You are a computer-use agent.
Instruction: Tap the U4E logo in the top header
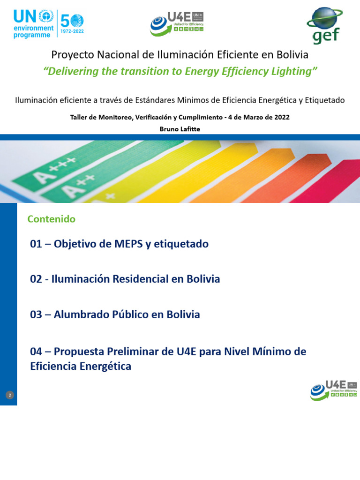click(177, 24)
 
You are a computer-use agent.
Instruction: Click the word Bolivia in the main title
click(292, 55)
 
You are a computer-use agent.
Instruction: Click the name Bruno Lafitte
click(180, 128)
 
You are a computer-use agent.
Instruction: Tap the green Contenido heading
click(51, 219)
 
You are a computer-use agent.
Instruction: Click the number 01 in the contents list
click(36, 244)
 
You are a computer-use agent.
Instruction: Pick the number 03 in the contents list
click(36, 315)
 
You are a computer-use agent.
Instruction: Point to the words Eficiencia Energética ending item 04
click(81, 367)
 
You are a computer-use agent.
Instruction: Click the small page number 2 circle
click(10, 395)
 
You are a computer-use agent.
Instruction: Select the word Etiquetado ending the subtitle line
click(325, 100)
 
